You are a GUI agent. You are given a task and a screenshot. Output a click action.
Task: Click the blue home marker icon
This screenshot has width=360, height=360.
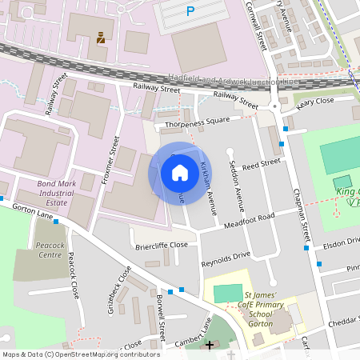point(180,172)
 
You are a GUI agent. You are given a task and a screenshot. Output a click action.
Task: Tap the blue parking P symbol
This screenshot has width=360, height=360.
point(190,11)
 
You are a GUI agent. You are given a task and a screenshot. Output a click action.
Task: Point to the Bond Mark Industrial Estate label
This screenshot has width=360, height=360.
point(62,193)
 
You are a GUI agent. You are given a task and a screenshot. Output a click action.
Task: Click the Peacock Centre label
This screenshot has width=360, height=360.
point(50,250)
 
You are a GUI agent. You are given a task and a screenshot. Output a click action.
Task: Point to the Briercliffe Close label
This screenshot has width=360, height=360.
point(161,245)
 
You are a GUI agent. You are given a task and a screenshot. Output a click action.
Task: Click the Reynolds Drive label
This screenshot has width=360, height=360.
point(226,258)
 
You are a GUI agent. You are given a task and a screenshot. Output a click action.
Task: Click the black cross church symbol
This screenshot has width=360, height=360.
point(210,346)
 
